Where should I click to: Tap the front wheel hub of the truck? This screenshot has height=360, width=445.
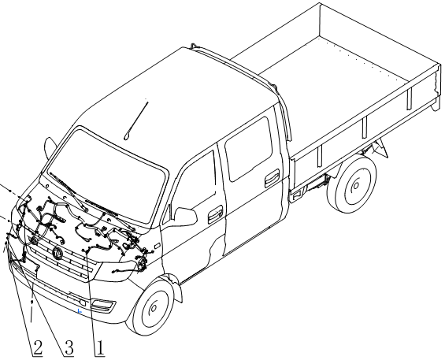pyautogui.click(x=154, y=308)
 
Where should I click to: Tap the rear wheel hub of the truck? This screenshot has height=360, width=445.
pyautogui.click(x=355, y=186)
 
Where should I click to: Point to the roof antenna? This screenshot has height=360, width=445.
pyautogui.click(x=135, y=121)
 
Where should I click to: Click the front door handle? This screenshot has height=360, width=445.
pyautogui.click(x=215, y=215)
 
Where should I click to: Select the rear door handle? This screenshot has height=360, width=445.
pyautogui.click(x=272, y=178)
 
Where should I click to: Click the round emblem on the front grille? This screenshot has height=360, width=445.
pyautogui.click(x=57, y=252)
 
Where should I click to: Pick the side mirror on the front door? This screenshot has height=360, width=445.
pyautogui.click(x=185, y=216)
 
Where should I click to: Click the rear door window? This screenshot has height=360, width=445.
pyautogui.click(x=249, y=148)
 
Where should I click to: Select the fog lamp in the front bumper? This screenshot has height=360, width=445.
pyautogui.click(x=102, y=305)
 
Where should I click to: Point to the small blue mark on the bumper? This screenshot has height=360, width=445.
pyautogui.click(x=80, y=311)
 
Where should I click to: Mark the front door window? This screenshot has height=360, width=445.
pyautogui.click(x=193, y=182)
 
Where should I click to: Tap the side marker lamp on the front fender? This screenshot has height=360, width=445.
pyautogui.click(x=157, y=246)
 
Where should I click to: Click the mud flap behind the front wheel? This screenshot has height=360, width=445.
pyautogui.click(x=176, y=288)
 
